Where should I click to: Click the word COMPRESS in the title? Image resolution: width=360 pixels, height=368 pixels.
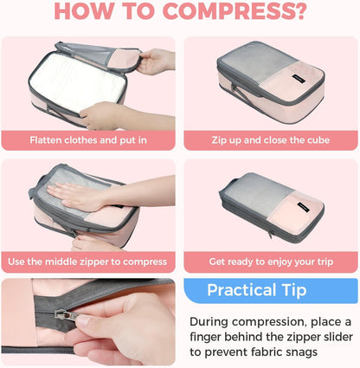pyautogui.click(x=229, y=11)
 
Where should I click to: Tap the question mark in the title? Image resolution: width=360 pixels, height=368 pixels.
pyautogui.click(x=301, y=11)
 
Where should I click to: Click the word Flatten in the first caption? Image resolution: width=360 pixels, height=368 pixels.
pyautogui.click(x=46, y=140)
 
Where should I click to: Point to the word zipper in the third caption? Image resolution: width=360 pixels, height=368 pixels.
pyautogui.click(x=94, y=261)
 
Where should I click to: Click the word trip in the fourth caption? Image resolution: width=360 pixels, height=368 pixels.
pyautogui.click(x=325, y=261)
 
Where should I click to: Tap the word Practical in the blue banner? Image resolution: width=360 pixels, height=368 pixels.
pyautogui.click(x=241, y=290)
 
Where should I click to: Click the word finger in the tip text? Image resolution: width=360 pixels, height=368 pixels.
pyautogui.click(x=205, y=337)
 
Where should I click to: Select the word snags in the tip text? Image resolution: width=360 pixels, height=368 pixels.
pyautogui.click(x=302, y=352)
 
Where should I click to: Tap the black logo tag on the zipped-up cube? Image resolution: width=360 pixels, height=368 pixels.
pyautogui.click(x=297, y=79)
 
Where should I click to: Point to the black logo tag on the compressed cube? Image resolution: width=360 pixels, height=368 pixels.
pyautogui.click(x=304, y=207)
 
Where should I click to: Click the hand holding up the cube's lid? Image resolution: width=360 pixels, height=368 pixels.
pyautogui.click(x=156, y=62)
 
